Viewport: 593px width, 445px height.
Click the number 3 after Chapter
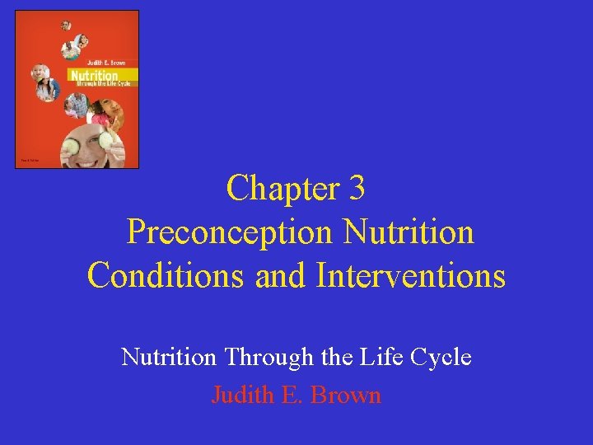tap(356, 189)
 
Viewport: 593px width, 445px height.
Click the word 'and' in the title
tap(282, 275)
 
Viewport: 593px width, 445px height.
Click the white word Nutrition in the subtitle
tap(170, 358)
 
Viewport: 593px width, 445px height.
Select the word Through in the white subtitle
tap(268, 358)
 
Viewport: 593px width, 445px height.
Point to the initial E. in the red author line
tap(292, 395)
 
